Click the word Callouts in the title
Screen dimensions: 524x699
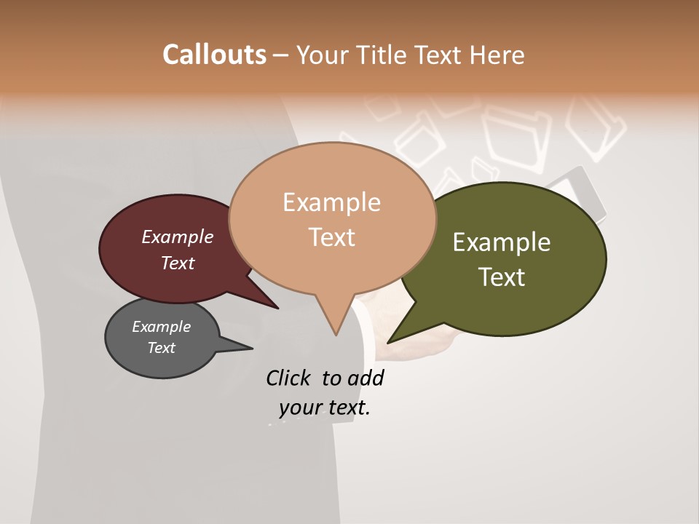[x=214, y=55]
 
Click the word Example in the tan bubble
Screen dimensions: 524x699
[x=331, y=202]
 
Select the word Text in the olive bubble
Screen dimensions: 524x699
[x=502, y=277]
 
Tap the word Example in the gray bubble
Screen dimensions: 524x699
[x=161, y=327]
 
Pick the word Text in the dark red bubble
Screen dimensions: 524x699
[x=178, y=263]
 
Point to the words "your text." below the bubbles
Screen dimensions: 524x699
[x=324, y=408]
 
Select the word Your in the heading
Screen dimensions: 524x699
[x=323, y=55]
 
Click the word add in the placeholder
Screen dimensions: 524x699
[x=366, y=378]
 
